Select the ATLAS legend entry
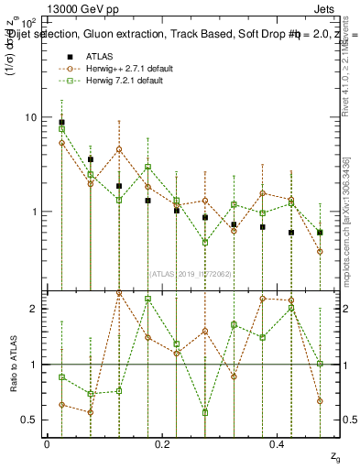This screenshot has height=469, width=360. pyautogui.click(x=98, y=56)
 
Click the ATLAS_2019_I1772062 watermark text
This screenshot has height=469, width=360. pyautogui.click(x=191, y=272)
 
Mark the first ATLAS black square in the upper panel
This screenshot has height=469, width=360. pyautogui.click(x=61, y=122)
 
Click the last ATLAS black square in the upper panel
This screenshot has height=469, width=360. pyautogui.click(x=320, y=233)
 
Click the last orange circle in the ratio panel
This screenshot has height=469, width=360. pyautogui.click(x=320, y=400)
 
